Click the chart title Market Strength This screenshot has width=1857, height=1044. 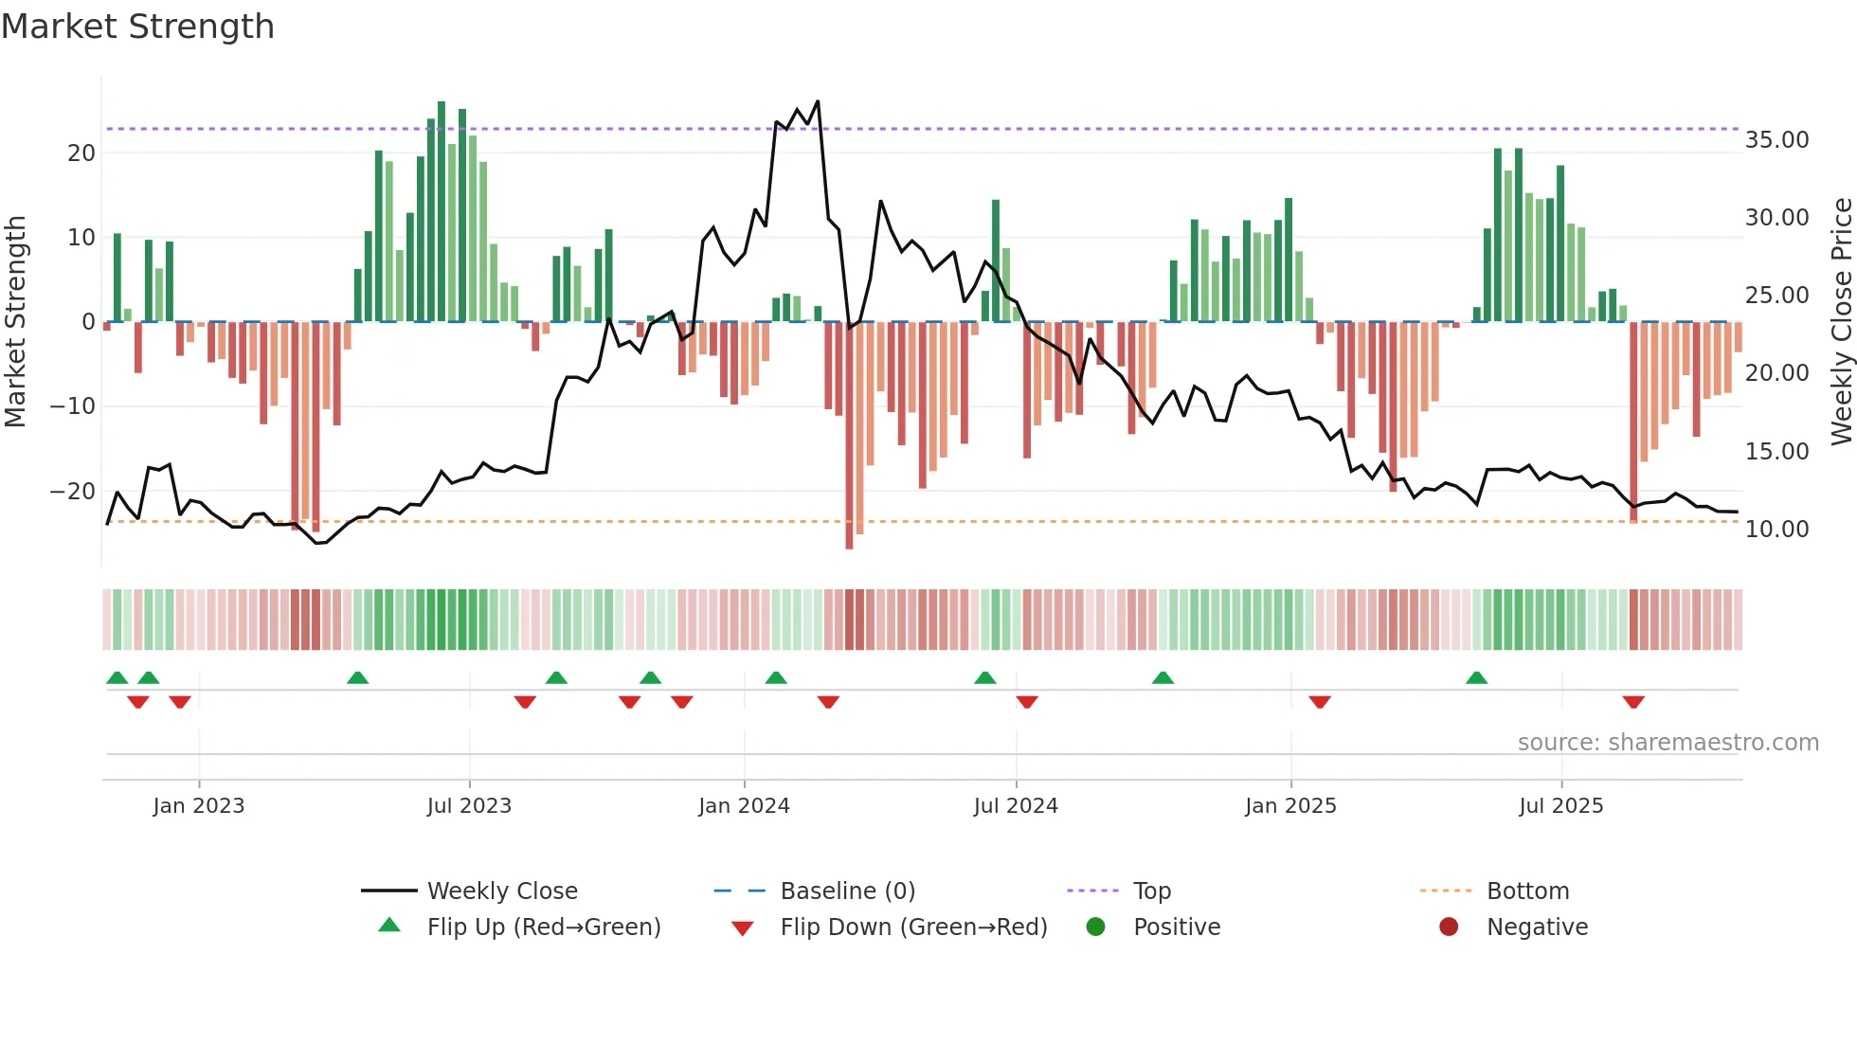pyautogui.click(x=137, y=27)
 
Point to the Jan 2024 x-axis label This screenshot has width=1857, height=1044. pyautogui.click(x=744, y=806)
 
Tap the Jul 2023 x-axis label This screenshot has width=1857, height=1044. pyautogui.click(x=469, y=806)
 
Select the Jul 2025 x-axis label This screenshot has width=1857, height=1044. pyautogui.click(x=1560, y=806)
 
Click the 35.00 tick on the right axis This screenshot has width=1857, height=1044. pyautogui.click(x=1776, y=140)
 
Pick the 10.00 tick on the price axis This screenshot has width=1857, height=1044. pyautogui.click(x=1776, y=530)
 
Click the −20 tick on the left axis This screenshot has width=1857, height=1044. pyautogui.click(x=73, y=492)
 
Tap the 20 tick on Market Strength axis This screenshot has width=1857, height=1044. pyautogui.click(x=81, y=153)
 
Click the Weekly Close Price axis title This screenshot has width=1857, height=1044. pyautogui.click(x=1841, y=322)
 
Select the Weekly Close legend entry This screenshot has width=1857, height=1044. pyautogui.click(x=501, y=891)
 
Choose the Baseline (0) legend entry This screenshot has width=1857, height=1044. pyautogui.click(x=847, y=891)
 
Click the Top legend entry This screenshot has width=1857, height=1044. pyautogui.click(x=1151, y=891)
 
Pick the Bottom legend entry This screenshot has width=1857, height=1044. pyautogui.click(x=1527, y=891)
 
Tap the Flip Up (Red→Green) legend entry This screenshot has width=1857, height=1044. pyautogui.click(x=543, y=927)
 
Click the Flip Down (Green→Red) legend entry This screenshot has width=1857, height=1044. pyautogui.click(x=913, y=927)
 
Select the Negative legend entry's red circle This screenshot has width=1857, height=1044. pyautogui.click(x=1449, y=927)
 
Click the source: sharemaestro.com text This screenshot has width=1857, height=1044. pyautogui.click(x=1668, y=743)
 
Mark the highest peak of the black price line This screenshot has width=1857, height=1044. pyautogui.click(x=818, y=101)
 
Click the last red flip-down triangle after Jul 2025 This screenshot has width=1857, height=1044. pyautogui.click(x=1632, y=702)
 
